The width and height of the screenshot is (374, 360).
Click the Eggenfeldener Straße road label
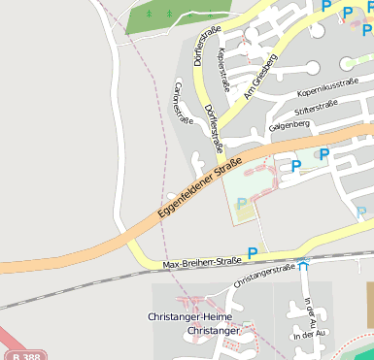199,191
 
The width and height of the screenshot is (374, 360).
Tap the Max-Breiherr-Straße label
201,263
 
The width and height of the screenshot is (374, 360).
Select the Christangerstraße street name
262,275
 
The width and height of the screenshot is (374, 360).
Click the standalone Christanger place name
212,331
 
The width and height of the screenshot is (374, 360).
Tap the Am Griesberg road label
260,78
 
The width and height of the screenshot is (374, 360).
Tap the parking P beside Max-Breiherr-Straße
253,253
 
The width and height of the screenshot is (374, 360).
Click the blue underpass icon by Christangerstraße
304,263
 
